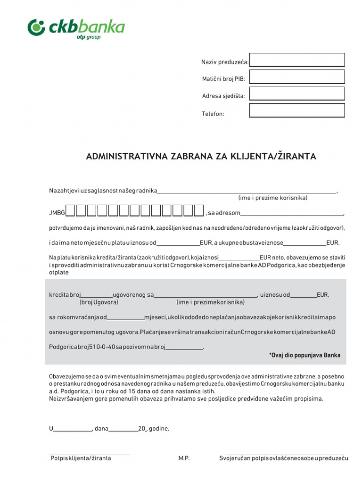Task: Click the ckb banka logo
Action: pyautogui.click(x=76, y=28)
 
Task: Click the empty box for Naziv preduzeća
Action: pyautogui.click(x=297, y=60)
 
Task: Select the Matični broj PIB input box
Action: pyautogui.click(x=297, y=77)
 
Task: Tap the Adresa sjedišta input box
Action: pyautogui.click(x=297, y=93)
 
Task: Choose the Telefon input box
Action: pyautogui.click(x=297, y=110)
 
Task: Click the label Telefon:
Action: pyautogui.click(x=213, y=114)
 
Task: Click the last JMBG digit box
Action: pyautogui.click(x=199, y=210)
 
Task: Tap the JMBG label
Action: pyautogui.click(x=57, y=213)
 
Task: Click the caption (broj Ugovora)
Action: pyautogui.click(x=99, y=302)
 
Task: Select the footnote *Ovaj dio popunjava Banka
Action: pyautogui.click(x=304, y=355)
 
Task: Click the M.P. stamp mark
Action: pyautogui.click(x=184, y=458)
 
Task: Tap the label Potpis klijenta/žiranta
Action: pyautogui.click(x=81, y=458)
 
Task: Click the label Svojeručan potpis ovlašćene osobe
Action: pyautogui.click(x=283, y=458)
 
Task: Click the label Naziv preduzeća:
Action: pyautogui.click(x=225, y=62)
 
